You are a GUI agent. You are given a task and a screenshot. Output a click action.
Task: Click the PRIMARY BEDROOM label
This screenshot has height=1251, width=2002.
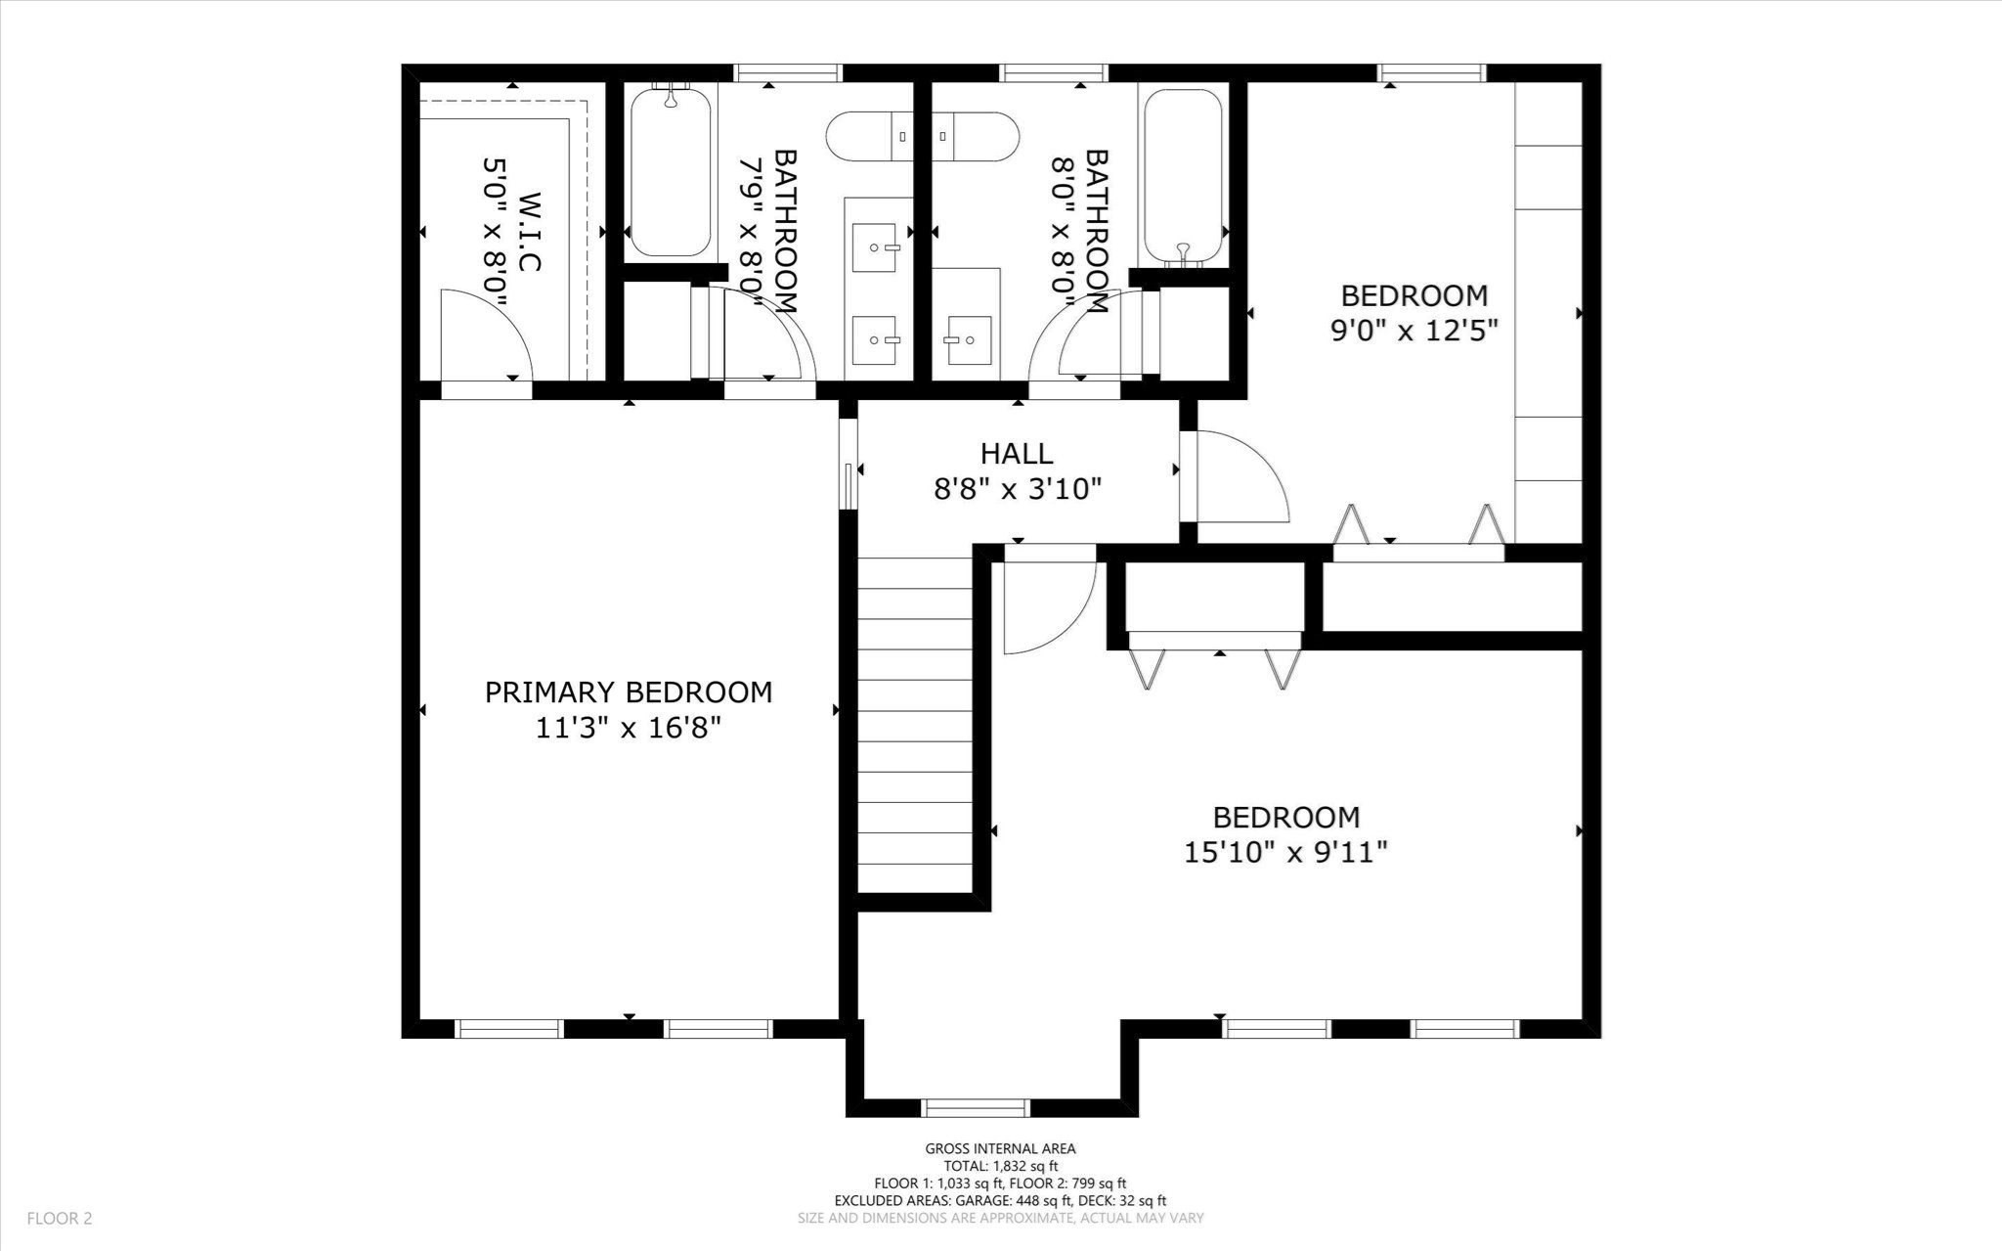[629, 693]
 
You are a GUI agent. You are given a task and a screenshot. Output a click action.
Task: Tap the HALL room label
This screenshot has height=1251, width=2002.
[1017, 453]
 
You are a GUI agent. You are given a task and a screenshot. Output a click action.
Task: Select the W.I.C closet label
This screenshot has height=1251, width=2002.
[528, 232]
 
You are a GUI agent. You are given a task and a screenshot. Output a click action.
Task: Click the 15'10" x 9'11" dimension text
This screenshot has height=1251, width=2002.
[1285, 853]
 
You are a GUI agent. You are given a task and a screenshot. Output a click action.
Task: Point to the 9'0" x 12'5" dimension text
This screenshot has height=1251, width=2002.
[1414, 331]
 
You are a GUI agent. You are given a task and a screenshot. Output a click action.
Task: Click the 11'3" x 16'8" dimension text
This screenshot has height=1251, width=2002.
[629, 729]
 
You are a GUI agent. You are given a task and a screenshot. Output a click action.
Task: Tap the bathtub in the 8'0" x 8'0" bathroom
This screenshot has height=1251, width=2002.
[1183, 176]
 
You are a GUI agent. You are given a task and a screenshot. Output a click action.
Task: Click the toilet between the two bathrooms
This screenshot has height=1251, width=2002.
[922, 136]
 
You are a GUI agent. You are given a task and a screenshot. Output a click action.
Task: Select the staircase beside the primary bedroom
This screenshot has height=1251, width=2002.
[915, 724]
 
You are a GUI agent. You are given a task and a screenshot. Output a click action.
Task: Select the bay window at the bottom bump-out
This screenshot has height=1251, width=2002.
[976, 1108]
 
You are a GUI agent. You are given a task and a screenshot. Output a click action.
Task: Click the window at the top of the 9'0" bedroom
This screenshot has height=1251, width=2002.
[1431, 72]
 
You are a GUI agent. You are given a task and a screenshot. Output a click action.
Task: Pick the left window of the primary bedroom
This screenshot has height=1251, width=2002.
[509, 1029]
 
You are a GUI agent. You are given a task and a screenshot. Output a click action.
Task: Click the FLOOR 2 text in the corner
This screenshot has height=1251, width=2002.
[59, 1219]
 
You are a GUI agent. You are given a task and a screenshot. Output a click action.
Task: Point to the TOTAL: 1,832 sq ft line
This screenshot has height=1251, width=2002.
[1000, 1166]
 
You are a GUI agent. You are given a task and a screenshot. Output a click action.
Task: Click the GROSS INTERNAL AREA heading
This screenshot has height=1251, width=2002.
[1000, 1149]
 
